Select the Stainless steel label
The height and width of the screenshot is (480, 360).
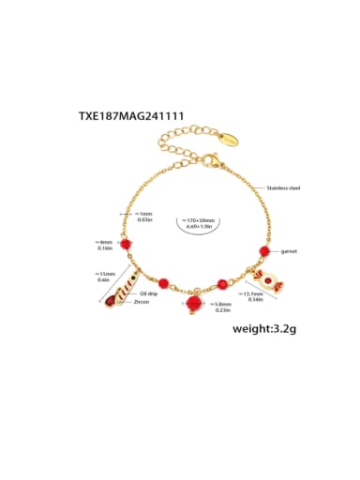[x=283, y=189]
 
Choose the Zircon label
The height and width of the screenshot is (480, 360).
[x=142, y=303]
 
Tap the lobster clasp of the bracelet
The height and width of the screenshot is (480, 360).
[x=212, y=165]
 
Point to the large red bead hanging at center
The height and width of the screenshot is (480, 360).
[x=194, y=306]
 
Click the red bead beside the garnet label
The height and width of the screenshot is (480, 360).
[x=264, y=251]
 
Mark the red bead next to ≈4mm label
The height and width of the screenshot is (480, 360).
[x=126, y=242]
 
